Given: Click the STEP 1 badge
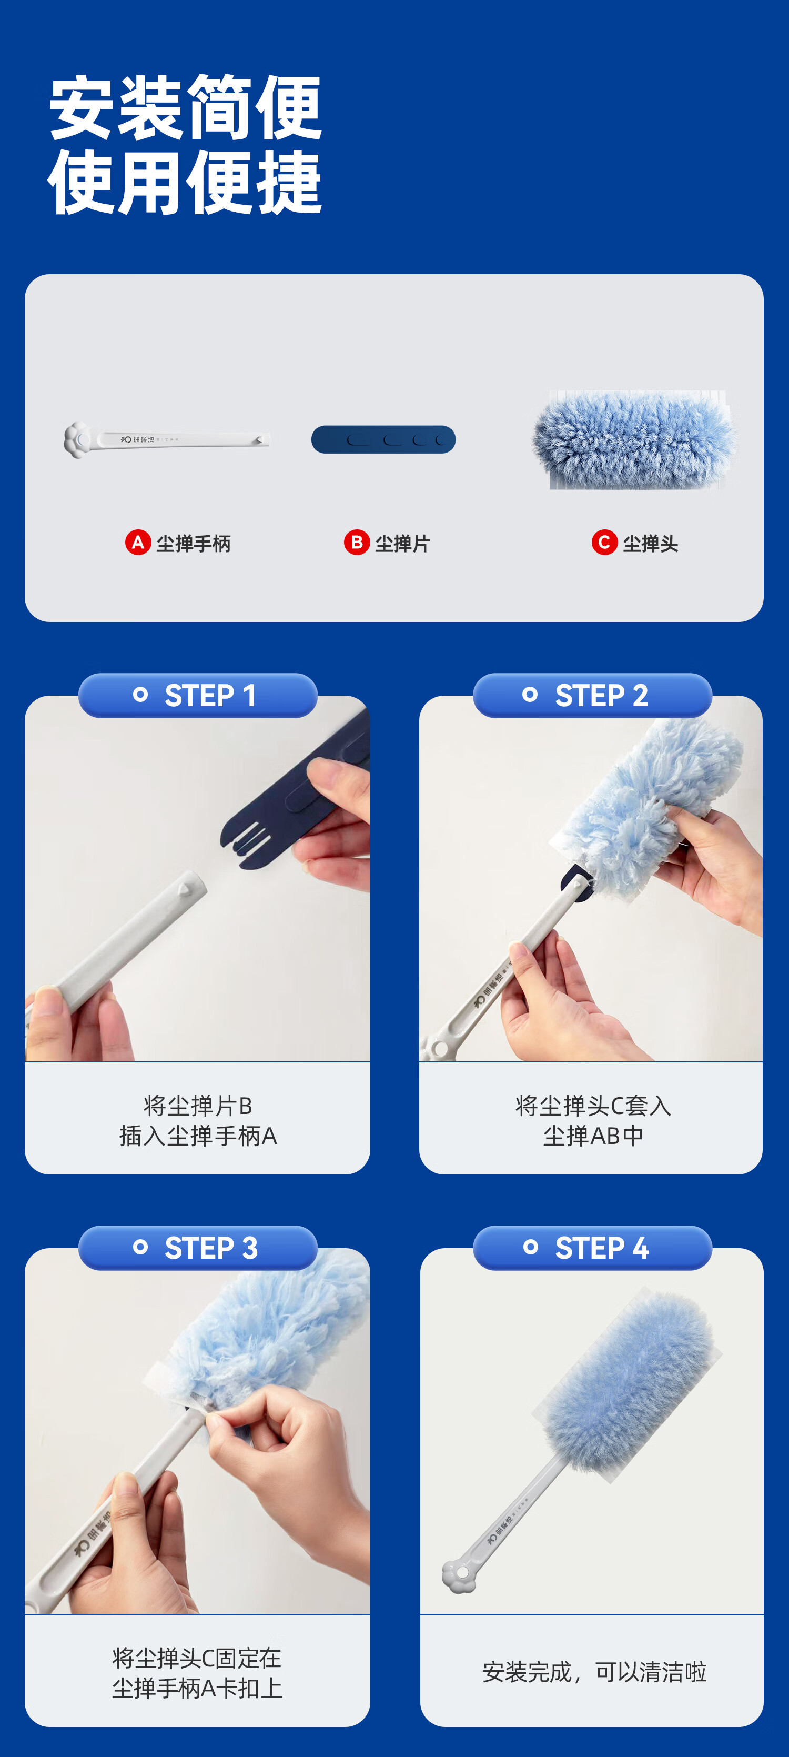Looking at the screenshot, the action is pos(198,695).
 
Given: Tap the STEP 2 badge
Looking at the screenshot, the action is pos(593,695).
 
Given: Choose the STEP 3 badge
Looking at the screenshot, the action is pos(198,1248).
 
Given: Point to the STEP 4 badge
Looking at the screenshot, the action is pos(593,1248).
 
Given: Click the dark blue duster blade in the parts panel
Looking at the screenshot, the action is pos(383,439).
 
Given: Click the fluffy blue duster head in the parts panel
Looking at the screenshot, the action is pos(634,439).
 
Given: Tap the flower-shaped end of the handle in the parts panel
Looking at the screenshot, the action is pos(77,440).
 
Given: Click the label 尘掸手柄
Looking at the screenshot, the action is pos(194,544).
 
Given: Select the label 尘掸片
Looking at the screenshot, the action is pos(402,544).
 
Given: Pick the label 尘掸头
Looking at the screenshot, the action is pos(651,544).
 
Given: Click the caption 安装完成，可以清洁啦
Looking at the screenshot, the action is pos(594,1672).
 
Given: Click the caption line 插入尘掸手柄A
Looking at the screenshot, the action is pos(198,1136).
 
